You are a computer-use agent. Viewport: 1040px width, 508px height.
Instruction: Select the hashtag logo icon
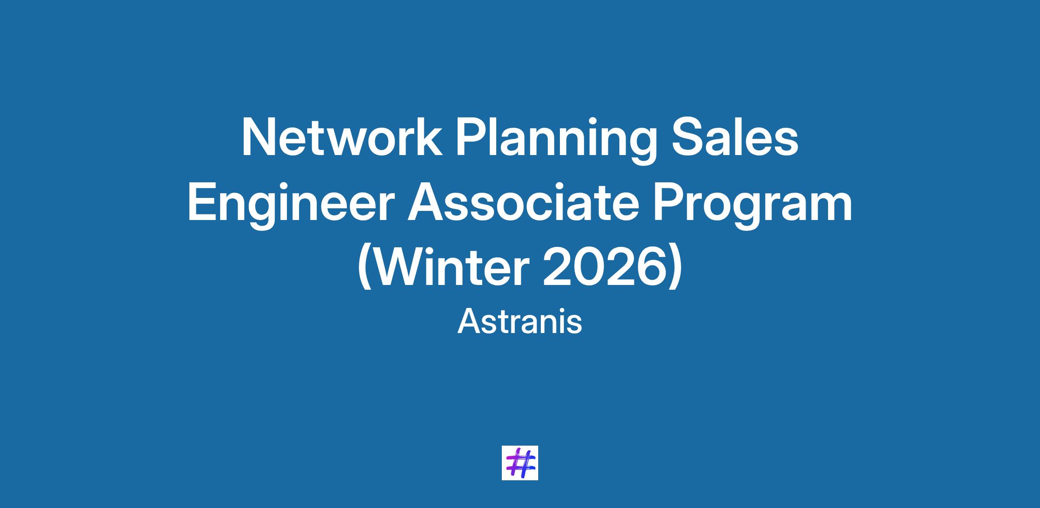(520, 463)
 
